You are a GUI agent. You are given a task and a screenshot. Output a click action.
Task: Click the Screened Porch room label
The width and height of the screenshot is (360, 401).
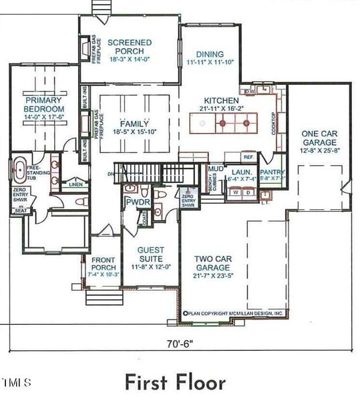pos(130,47)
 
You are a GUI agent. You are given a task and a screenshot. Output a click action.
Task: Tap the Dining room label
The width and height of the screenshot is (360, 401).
pos(210,55)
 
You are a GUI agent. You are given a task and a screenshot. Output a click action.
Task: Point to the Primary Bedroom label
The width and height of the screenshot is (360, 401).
pos(43,104)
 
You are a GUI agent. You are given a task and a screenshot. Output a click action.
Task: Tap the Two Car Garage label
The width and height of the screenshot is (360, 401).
pos(212,263)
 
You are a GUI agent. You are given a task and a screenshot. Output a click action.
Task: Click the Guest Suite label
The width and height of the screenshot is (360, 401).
pos(150,255)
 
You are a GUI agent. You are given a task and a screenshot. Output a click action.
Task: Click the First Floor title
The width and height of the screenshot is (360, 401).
pos(174,382)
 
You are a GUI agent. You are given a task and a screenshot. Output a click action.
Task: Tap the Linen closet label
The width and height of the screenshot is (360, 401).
pos(75,184)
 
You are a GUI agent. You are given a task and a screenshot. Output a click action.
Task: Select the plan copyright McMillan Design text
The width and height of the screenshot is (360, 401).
pos(235,313)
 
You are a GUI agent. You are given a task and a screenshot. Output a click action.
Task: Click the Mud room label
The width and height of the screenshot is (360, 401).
pos(215,169)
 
